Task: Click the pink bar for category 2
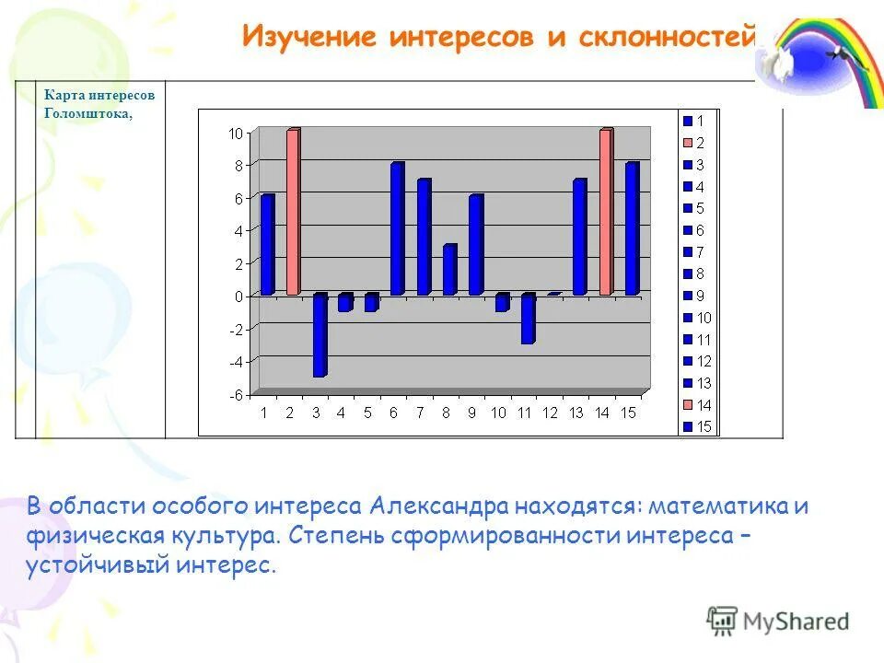coord(293,212)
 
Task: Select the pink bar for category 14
coord(606,212)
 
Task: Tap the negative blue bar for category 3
coord(320,335)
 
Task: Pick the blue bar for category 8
coord(450,270)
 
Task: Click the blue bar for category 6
coord(398,228)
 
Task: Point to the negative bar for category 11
coord(529,319)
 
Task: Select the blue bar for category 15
coord(633,228)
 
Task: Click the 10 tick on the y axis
coord(235,134)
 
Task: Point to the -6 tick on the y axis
coord(236,395)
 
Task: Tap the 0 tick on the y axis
coord(238,297)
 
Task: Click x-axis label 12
coord(550,413)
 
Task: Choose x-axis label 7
coord(420,413)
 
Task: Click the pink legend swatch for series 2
coord(688,143)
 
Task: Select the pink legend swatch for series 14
coord(688,405)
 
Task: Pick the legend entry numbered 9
coord(694,296)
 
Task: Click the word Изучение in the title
coord(309,36)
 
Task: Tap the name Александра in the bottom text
coord(438,506)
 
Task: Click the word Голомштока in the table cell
coord(88,113)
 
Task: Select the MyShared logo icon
coord(722,622)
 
